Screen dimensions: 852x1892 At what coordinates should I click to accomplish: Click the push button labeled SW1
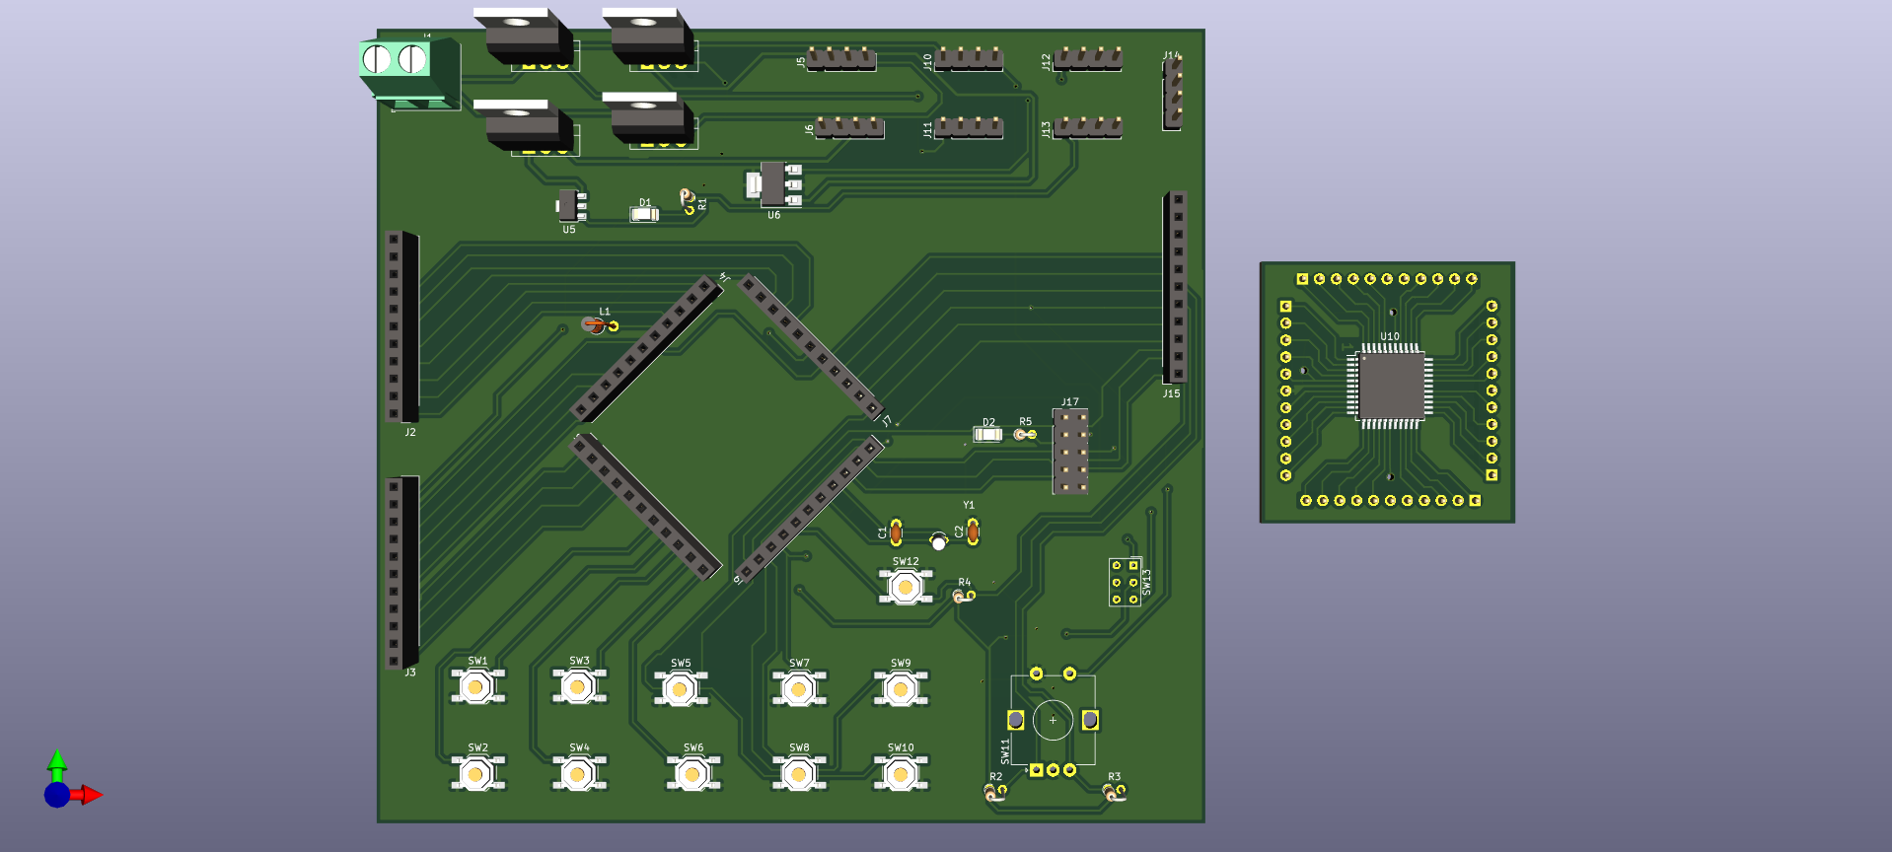click(477, 686)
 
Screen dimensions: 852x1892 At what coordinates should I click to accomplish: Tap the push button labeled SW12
click(905, 587)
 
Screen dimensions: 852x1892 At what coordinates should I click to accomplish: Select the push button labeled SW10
click(900, 774)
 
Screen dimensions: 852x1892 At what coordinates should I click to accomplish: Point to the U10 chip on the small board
click(1390, 386)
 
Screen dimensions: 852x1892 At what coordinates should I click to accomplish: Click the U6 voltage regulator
click(775, 184)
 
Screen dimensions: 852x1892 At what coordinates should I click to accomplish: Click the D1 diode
click(644, 214)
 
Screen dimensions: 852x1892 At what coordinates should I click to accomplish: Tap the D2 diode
click(987, 434)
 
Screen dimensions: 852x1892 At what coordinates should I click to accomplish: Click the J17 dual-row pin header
click(1070, 452)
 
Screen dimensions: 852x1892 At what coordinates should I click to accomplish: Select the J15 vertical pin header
click(1175, 286)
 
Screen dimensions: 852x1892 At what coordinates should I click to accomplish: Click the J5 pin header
click(841, 59)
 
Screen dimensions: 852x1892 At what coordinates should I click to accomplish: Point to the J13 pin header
click(1087, 127)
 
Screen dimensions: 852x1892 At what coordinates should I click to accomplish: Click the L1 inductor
click(601, 325)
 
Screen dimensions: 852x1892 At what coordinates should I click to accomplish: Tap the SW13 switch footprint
click(1125, 582)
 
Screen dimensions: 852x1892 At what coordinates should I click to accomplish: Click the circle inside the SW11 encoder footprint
click(1053, 720)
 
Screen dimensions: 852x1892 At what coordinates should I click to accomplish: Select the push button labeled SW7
click(798, 688)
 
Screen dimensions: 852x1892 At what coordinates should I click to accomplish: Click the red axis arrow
click(90, 795)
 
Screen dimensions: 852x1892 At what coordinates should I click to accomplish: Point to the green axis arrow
click(57, 761)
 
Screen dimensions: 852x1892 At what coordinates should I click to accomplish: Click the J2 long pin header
click(401, 326)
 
